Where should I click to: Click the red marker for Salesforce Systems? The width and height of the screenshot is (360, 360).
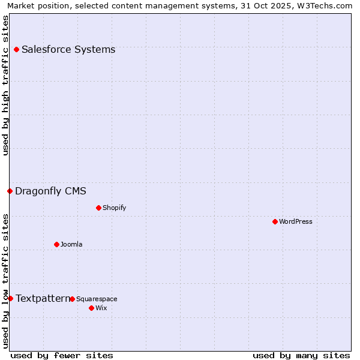(x=16, y=49)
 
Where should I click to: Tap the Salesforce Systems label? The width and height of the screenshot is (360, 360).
(x=68, y=49)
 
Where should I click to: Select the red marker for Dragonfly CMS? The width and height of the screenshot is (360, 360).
(x=10, y=191)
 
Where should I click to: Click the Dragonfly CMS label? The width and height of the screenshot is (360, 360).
(x=50, y=191)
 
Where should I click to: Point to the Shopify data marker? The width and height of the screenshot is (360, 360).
(x=98, y=208)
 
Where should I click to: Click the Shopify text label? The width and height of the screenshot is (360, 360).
(x=114, y=208)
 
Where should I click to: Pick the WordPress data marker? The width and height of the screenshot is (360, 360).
(x=275, y=221)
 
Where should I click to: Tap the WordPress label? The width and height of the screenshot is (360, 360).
(x=296, y=221)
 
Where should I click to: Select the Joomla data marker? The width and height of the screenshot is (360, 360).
(x=56, y=244)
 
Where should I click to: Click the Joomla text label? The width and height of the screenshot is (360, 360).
(x=71, y=244)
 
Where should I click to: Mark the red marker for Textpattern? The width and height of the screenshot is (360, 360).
(x=10, y=298)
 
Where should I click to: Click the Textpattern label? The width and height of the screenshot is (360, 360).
(x=42, y=298)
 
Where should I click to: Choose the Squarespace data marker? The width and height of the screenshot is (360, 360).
(x=72, y=299)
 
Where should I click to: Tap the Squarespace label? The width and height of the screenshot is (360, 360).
(x=97, y=299)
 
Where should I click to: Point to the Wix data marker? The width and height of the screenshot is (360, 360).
(x=91, y=308)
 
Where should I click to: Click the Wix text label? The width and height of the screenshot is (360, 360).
(x=101, y=308)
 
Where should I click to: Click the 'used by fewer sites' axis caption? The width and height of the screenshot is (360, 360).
(x=62, y=355)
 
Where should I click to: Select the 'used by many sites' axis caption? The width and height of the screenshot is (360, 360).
(x=301, y=355)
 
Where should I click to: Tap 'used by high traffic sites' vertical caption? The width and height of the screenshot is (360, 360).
(x=5, y=85)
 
